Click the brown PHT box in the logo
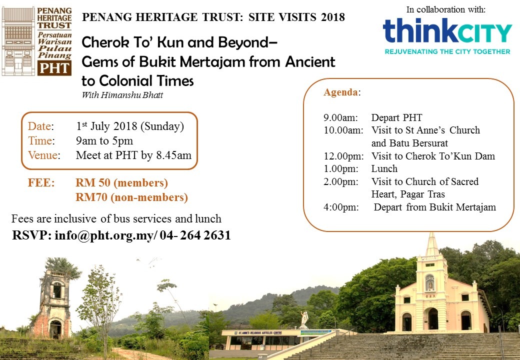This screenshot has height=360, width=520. click(54, 68)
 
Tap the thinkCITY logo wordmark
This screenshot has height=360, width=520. click(447, 31)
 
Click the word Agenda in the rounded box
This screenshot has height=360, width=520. click(340, 92)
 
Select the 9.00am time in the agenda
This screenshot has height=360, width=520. click(340, 117)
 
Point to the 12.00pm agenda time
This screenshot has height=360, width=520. click(343, 156)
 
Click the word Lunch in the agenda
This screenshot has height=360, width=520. click(384, 168)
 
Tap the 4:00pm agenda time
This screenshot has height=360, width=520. click(341, 207)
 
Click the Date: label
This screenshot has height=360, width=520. click(41, 126)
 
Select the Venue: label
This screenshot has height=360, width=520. click(44, 155)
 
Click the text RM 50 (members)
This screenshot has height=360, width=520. click(121, 183)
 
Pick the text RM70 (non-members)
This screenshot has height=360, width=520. click(131, 197)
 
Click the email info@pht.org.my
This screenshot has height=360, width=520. click(104, 235)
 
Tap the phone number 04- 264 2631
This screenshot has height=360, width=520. click(195, 235)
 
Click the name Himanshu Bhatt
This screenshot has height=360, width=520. click(132, 95)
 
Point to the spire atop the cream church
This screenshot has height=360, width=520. click(432, 244)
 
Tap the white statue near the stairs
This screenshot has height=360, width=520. click(304, 319)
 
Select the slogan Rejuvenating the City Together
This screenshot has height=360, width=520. click(447, 51)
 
